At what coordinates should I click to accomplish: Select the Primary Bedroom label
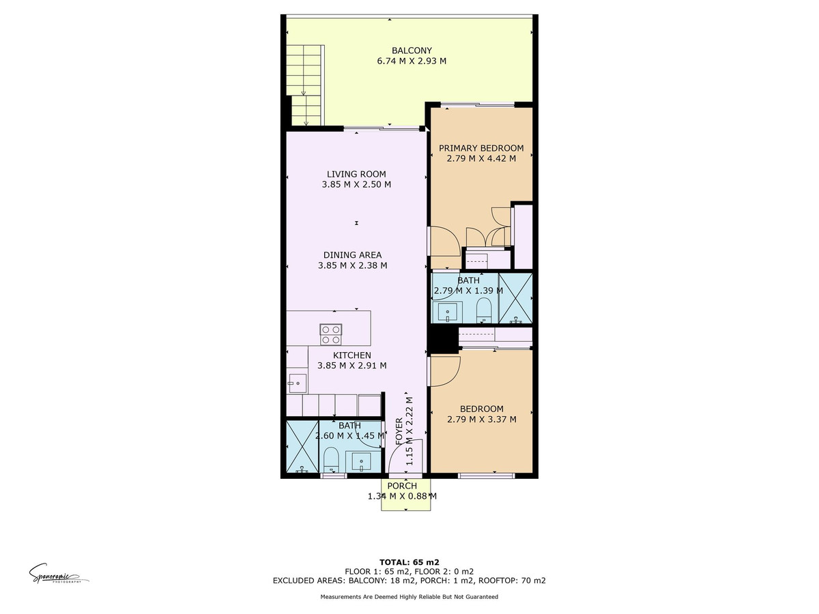480,148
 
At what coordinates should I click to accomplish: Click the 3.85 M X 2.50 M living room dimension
356,184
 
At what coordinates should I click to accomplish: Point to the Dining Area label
352,255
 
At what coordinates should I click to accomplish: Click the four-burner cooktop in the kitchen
331,334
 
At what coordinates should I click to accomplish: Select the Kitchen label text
351,355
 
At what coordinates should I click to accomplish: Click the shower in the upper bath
515,298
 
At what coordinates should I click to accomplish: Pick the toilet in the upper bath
484,308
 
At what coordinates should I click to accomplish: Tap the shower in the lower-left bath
301,448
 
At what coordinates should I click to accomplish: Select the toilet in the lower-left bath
330,458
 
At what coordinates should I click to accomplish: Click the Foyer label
400,432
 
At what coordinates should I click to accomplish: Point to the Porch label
401,486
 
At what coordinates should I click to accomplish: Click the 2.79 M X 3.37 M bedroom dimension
481,420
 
